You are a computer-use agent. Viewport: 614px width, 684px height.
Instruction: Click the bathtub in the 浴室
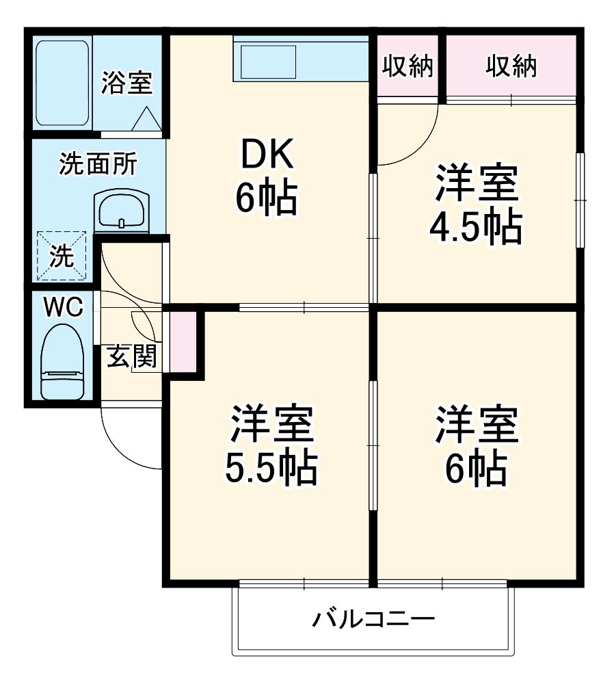pos(62,83)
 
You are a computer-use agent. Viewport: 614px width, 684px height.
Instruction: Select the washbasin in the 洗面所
pos(121,210)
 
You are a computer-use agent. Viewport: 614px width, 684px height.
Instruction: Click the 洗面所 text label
pos(98,165)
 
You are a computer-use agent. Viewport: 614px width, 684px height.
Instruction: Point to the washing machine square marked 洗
pos(62,256)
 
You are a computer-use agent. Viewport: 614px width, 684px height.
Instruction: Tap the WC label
pos(63,308)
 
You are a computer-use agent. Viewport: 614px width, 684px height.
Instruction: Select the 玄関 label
pos(131,356)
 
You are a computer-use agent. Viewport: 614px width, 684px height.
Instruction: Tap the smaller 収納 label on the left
pos(408,66)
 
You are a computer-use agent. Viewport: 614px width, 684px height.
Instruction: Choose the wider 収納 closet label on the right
pos(511,66)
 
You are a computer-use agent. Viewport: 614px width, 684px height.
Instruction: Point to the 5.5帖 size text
pos(271,466)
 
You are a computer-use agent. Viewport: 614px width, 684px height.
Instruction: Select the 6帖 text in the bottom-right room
pos(476,466)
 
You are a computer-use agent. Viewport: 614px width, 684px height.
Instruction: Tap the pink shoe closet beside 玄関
pos(183,341)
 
